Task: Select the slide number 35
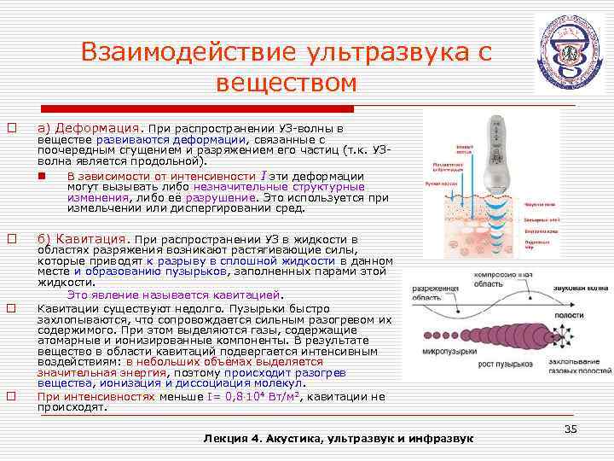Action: coord(571,429)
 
